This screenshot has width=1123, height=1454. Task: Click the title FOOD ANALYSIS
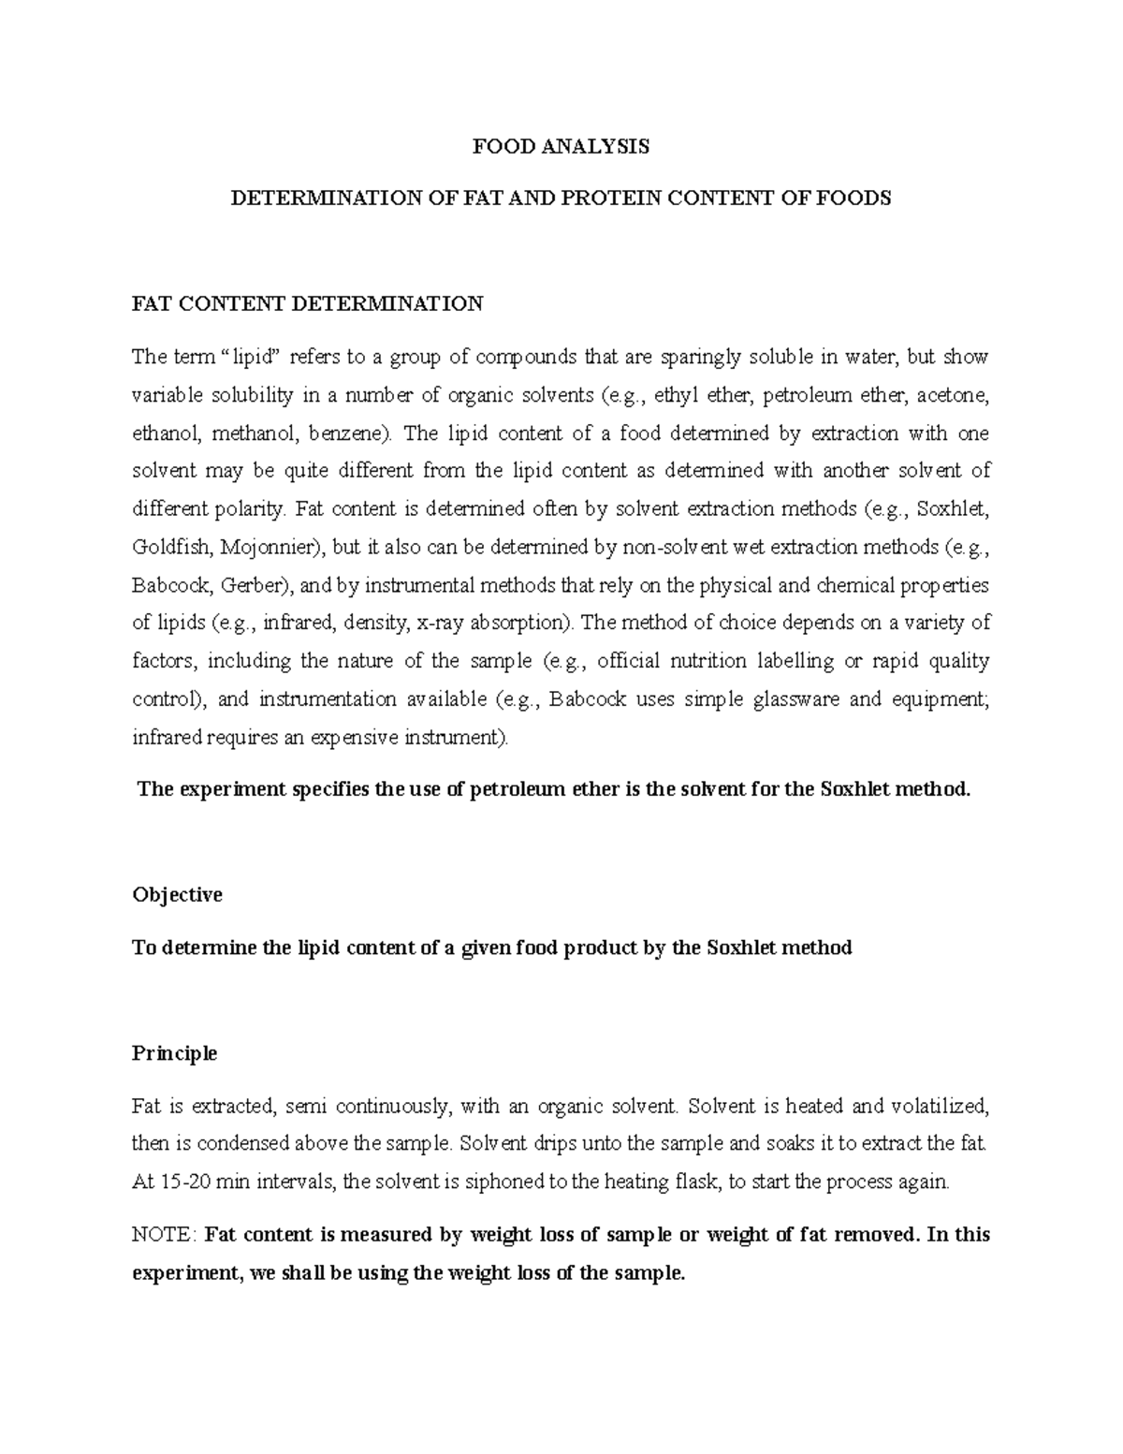[561, 146]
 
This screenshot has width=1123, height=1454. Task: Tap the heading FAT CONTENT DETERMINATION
[307, 303]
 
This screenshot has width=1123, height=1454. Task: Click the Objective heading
[177, 895]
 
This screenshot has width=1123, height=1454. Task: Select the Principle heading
[174, 1053]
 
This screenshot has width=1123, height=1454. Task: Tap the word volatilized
[939, 1106]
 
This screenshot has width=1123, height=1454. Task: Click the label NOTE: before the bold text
[164, 1234]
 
